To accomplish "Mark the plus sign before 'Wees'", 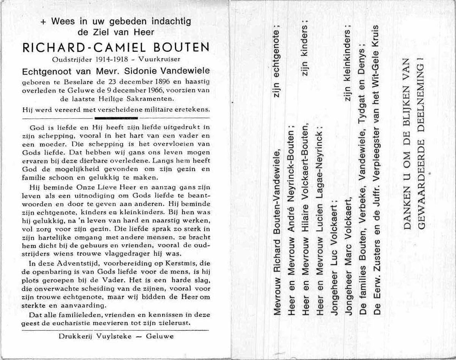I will (x=43, y=22).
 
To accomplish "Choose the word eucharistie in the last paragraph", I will (x=79, y=323).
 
